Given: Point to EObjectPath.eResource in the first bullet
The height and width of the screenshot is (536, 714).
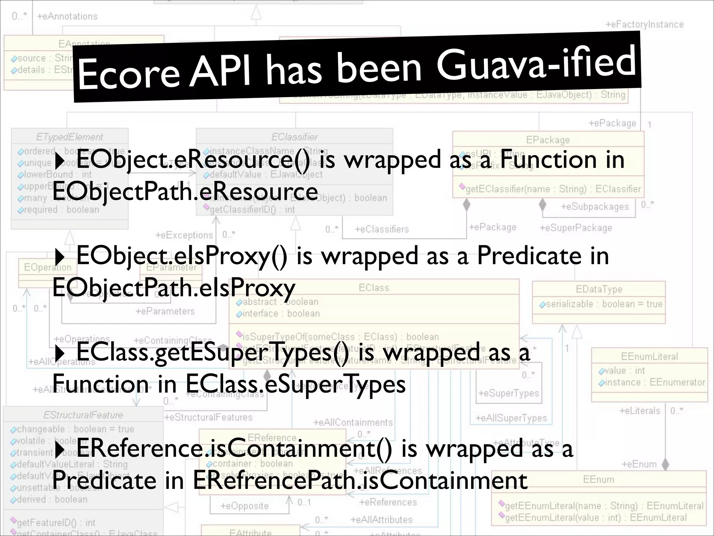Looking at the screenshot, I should (185, 191).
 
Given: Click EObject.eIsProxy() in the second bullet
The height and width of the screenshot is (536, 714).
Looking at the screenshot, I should (182, 256).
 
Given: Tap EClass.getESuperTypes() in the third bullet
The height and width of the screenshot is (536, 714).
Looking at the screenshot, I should (212, 352).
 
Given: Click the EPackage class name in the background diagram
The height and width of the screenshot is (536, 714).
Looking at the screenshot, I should (548, 140).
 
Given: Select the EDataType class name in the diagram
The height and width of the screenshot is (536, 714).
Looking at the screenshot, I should (599, 289).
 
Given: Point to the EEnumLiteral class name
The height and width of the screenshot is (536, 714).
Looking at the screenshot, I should (649, 356).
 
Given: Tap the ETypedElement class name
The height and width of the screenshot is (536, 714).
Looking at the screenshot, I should (69, 137).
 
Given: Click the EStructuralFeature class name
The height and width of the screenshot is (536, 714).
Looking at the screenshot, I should (83, 415).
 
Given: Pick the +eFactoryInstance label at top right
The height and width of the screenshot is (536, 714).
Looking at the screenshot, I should (644, 24).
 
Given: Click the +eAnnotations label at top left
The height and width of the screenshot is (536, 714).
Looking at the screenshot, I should (67, 16).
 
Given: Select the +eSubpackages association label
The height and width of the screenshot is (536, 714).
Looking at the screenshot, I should (594, 207).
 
